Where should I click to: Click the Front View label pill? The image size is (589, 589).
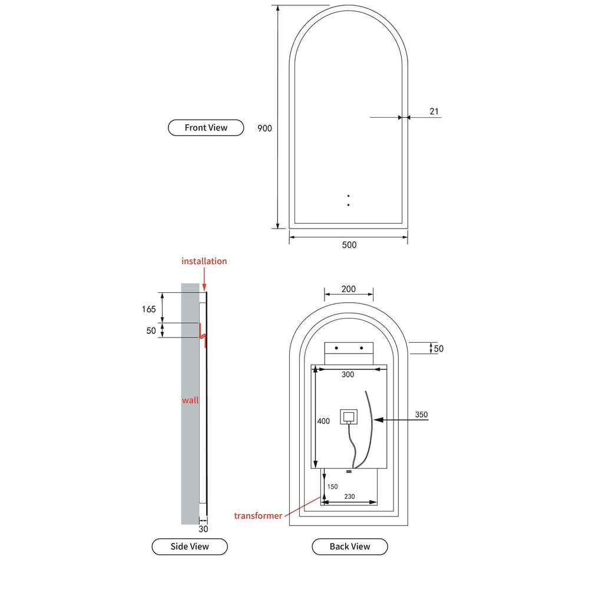(x=206, y=128)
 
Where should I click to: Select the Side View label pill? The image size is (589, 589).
(x=190, y=547)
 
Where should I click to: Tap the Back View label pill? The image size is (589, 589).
(x=350, y=547)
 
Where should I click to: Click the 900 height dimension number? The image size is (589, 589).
(x=264, y=128)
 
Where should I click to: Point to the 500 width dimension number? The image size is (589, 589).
(x=349, y=245)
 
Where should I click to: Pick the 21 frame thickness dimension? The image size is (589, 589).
(x=434, y=111)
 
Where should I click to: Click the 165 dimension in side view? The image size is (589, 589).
(x=149, y=309)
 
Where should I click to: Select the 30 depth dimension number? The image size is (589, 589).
(x=203, y=529)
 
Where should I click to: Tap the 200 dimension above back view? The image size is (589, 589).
(x=349, y=289)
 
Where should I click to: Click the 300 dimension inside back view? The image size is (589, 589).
(x=348, y=375)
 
